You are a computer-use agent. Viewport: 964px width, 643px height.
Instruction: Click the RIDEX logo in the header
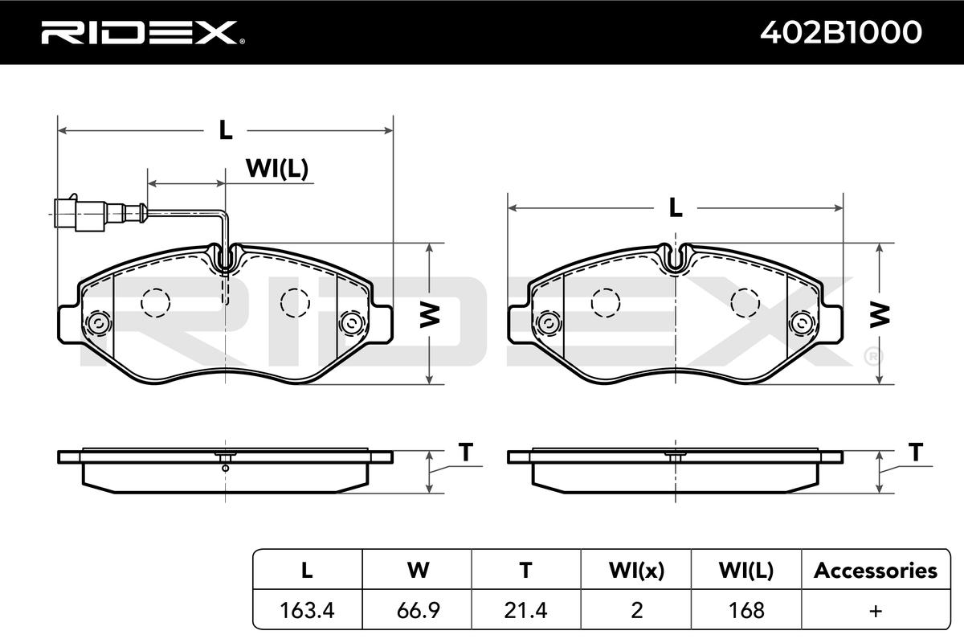click(x=143, y=33)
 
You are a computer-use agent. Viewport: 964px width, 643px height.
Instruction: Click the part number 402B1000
click(x=841, y=32)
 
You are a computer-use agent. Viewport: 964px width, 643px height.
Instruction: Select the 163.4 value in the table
click(x=307, y=610)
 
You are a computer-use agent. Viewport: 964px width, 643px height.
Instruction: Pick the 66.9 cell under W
click(x=418, y=610)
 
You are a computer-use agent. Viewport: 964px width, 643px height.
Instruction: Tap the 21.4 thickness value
click(x=525, y=610)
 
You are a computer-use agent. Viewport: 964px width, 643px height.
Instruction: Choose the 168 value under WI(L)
click(x=746, y=610)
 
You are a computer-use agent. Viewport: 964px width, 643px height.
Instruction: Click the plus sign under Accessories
click(x=876, y=611)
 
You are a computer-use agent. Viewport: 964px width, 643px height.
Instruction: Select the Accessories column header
click(x=876, y=571)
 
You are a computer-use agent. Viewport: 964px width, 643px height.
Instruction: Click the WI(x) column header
click(x=636, y=571)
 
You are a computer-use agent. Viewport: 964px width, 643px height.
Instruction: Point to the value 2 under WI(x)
click(x=636, y=610)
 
